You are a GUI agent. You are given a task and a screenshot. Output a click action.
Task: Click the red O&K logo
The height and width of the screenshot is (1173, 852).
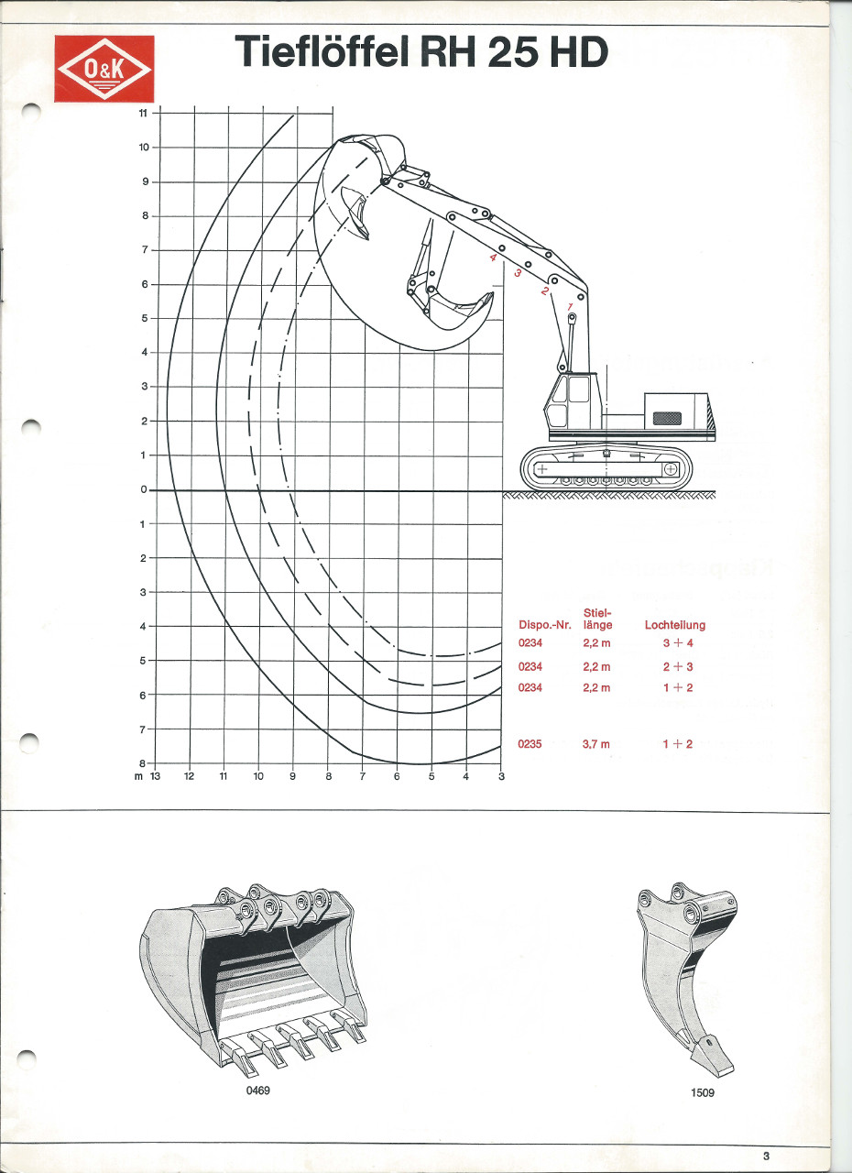tap(104, 69)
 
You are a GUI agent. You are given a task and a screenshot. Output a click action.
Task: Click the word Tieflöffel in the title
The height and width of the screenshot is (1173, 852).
tap(322, 51)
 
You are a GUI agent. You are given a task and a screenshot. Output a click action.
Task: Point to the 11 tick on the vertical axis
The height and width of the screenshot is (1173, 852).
tap(144, 113)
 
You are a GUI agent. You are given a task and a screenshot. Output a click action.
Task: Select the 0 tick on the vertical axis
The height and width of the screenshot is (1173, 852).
tap(144, 490)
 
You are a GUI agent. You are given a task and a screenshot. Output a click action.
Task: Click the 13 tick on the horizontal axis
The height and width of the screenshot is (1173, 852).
tap(155, 776)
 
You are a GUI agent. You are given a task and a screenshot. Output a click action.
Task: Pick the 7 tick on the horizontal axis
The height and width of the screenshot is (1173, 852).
tap(362, 776)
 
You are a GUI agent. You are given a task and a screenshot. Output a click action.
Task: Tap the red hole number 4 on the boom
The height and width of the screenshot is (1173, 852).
tap(493, 258)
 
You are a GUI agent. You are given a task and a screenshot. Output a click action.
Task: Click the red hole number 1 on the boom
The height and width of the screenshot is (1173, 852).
tap(570, 306)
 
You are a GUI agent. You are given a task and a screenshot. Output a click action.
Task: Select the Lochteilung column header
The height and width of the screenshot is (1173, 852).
tap(675, 625)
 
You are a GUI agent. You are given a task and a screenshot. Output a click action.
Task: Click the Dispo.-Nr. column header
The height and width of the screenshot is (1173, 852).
tap(545, 625)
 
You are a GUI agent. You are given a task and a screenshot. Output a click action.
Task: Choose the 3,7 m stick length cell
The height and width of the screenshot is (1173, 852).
tap(596, 744)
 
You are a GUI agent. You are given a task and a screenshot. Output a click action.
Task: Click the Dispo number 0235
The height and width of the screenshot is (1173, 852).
tap(530, 744)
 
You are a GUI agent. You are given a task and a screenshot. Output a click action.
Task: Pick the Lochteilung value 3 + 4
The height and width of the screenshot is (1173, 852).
tap(678, 643)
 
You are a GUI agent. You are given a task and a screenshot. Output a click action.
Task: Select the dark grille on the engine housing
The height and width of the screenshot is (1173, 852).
tap(667, 419)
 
